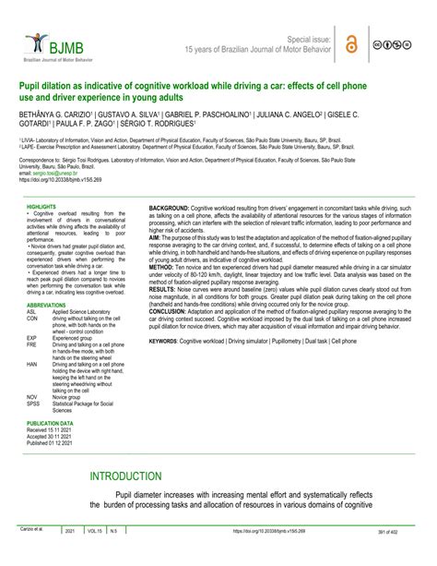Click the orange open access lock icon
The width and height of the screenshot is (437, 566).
click(x=350, y=43)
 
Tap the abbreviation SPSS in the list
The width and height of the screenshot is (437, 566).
click(x=33, y=403)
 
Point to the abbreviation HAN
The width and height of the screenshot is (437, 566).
click(x=32, y=365)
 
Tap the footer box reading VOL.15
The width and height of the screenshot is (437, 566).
click(x=95, y=557)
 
